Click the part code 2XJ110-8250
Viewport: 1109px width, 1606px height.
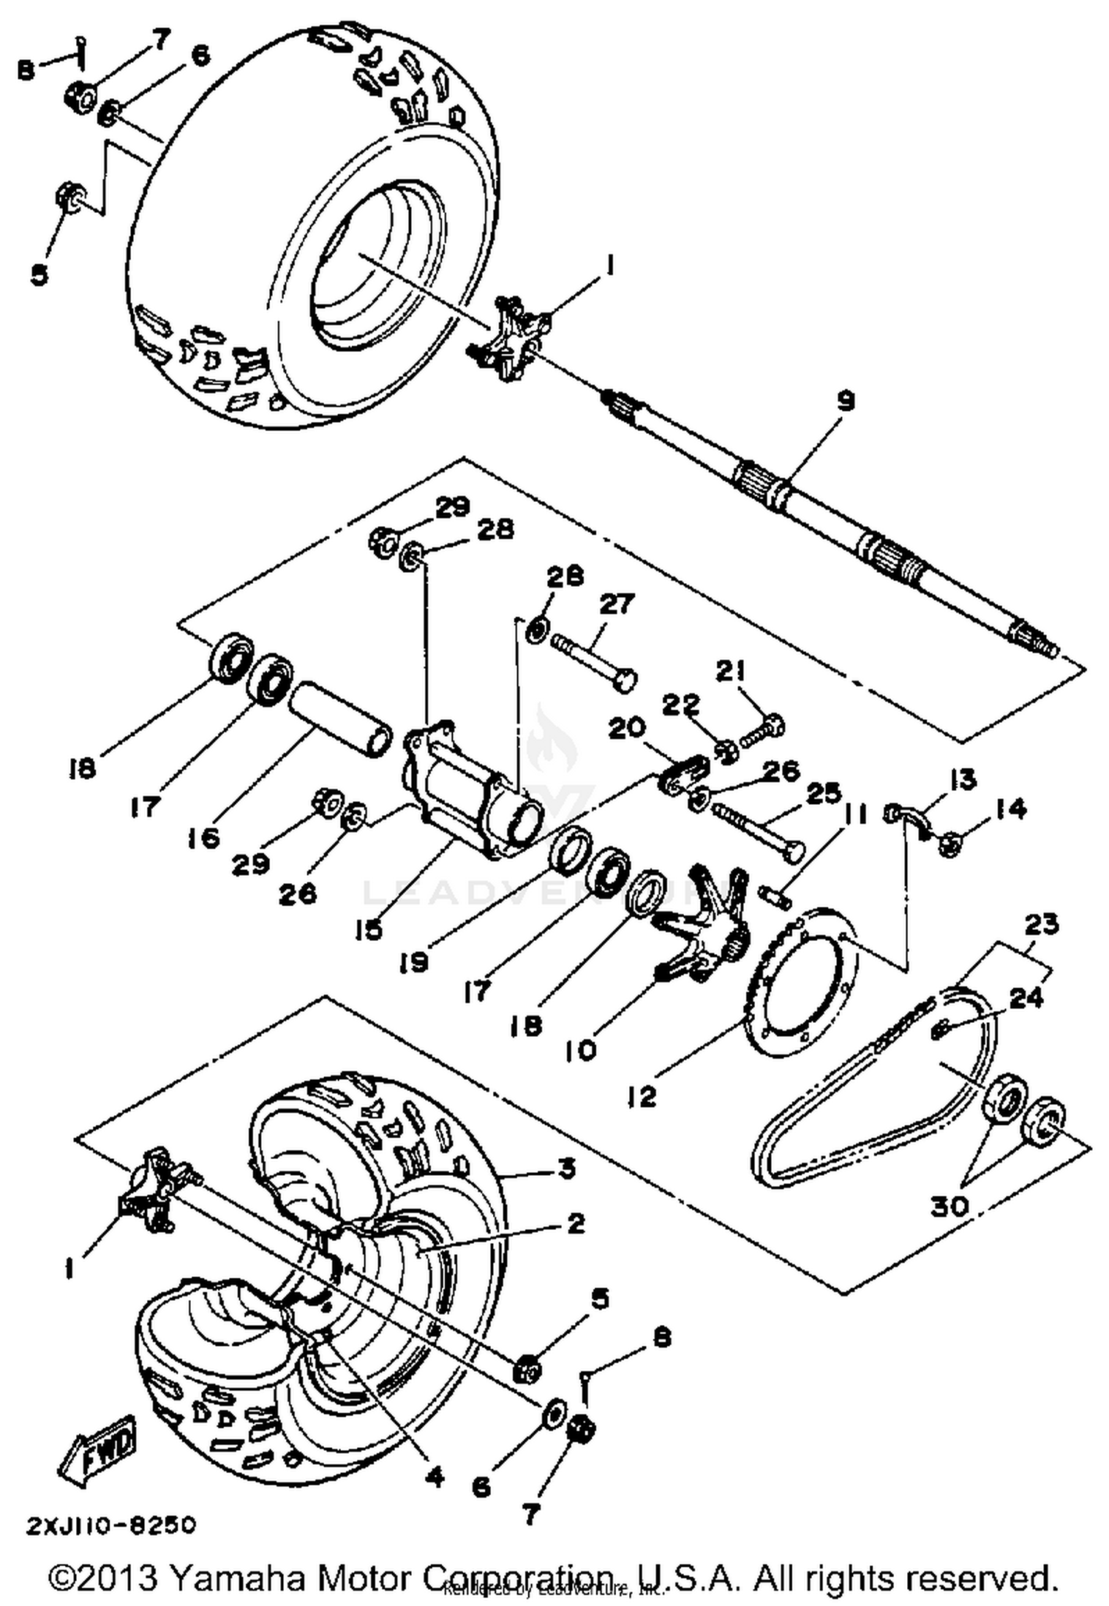(111, 1525)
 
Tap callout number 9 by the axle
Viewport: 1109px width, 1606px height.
(846, 401)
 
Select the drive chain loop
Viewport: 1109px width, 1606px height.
(872, 1132)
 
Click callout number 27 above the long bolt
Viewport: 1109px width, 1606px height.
(616, 604)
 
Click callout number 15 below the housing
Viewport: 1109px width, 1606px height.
(368, 929)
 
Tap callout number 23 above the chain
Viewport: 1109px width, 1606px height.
(1041, 924)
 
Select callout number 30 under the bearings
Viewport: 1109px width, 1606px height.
(949, 1206)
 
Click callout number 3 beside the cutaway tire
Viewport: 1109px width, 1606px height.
(566, 1169)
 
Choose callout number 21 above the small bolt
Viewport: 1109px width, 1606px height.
(730, 671)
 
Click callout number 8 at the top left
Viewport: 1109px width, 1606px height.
(27, 70)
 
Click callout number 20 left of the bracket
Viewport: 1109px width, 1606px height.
(628, 729)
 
